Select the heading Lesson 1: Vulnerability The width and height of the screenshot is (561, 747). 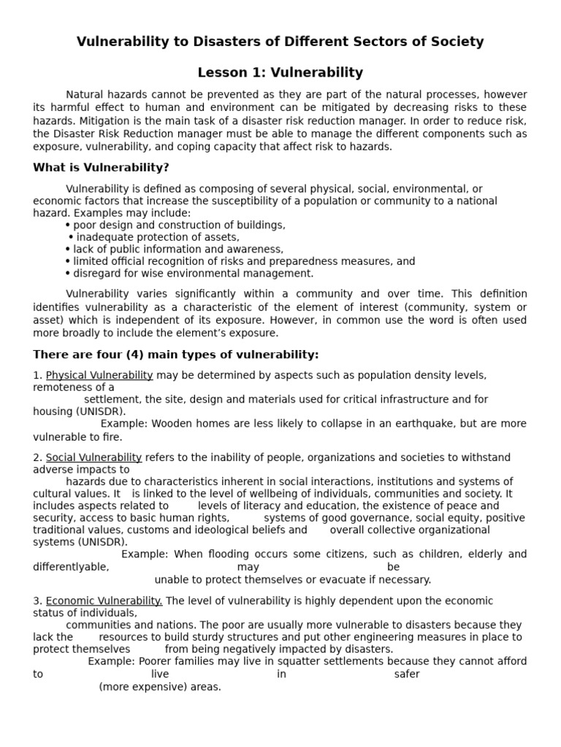280,72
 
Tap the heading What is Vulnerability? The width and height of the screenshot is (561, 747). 101,168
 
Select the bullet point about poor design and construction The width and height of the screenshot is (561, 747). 179,225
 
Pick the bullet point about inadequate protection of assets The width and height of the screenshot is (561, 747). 158,237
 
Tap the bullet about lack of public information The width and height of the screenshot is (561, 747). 178,249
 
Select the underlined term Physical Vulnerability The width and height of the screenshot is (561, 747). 99,375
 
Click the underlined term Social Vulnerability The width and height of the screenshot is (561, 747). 93,457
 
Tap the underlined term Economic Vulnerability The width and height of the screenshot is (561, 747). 104,601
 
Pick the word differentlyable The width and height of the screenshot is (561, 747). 71,567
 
